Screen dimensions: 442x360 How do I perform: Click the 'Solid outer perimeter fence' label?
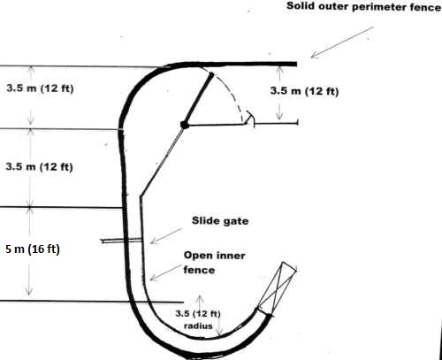pyautogui.click(x=364, y=6)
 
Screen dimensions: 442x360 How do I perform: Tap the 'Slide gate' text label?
pyautogui.click(x=220, y=221)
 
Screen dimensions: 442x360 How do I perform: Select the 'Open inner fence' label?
pyautogui.click(x=214, y=263)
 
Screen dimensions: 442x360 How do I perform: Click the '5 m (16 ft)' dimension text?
pyautogui.click(x=33, y=249)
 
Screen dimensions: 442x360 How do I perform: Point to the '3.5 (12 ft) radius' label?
pyautogui.click(x=198, y=319)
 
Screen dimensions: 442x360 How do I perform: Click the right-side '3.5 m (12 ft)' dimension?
pyautogui.click(x=304, y=91)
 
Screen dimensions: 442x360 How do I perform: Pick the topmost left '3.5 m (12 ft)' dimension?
pyautogui.click(x=40, y=88)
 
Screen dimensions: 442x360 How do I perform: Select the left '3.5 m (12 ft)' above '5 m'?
pyautogui.click(x=39, y=166)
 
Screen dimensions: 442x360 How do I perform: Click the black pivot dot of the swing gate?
pyautogui.click(x=185, y=125)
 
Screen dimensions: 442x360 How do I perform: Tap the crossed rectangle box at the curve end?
pyautogui.click(x=278, y=288)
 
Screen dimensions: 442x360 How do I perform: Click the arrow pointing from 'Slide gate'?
pyautogui.click(x=166, y=235)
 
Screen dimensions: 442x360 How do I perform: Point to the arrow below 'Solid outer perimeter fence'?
pyautogui.click(x=342, y=42)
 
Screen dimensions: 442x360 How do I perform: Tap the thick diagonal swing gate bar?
pyautogui.click(x=198, y=99)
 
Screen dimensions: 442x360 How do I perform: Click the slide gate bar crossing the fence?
pyautogui.click(x=122, y=241)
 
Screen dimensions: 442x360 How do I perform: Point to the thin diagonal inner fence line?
pyautogui.click(x=162, y=161)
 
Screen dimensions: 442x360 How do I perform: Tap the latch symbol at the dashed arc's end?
pyautogui.click(x=249, y=119)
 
